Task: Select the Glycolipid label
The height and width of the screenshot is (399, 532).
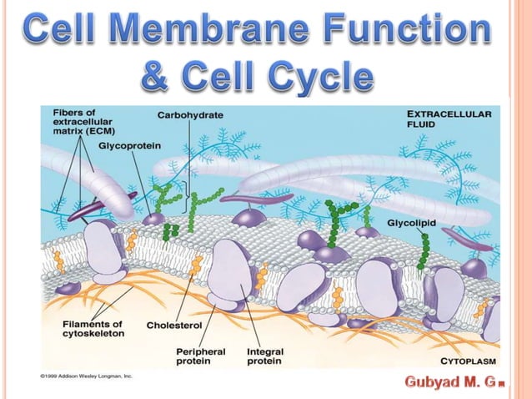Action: (x=411, y=224)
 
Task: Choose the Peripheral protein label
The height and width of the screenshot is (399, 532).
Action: (x=200, y=358)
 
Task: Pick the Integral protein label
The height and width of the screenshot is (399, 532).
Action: (x=265, y=358)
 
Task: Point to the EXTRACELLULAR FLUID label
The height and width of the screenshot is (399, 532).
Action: (x=451, y=118)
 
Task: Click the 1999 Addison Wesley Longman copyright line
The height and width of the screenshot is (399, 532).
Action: (x=87, y=376)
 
